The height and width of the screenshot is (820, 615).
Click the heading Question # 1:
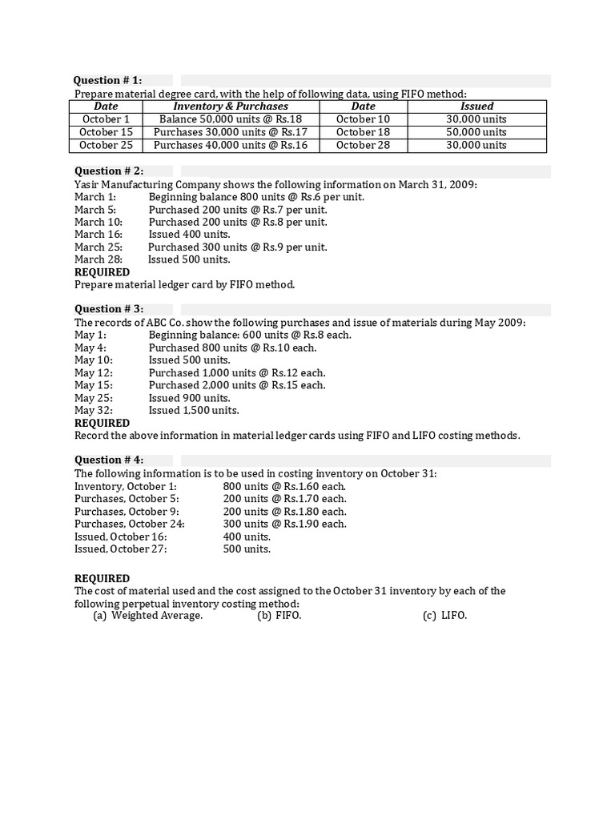pos(107,80)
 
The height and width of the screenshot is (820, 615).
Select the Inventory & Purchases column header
pos(231,106)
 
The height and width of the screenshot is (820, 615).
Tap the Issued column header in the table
pos(476,106)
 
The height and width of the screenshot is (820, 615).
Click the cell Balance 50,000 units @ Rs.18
pos(231,119)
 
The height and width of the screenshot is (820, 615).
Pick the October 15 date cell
pos(106,132)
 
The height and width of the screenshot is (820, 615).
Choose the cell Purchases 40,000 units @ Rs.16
pos(231,145)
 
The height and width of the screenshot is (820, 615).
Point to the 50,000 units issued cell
pos(476,132)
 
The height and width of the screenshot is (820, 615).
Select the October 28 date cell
pos(363,145)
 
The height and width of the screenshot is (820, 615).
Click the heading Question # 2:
pos(109,171)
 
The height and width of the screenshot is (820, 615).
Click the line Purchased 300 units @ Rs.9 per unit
pos(238,247)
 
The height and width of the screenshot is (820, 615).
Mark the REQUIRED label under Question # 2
pos(102,271)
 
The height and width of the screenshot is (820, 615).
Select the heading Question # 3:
pos(109,309)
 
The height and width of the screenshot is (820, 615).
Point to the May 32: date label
pos(94,410)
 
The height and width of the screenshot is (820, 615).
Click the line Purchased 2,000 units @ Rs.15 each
pos(237,385)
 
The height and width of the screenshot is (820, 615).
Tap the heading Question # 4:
pos(109,460)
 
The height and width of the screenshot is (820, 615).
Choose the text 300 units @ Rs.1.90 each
pos(284,524)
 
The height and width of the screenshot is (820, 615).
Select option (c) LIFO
pos(444,616)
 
